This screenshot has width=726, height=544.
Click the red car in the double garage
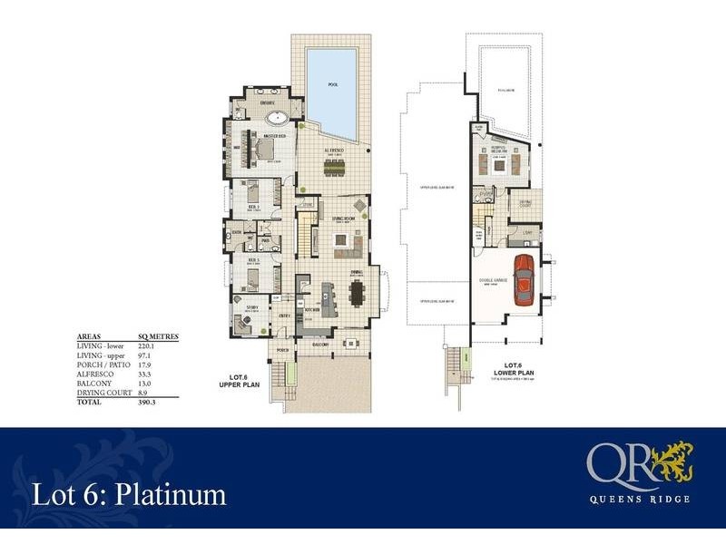click(523, 279)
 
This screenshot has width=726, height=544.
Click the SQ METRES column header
click(158, 335)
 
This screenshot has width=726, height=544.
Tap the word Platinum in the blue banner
click(179, 495)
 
